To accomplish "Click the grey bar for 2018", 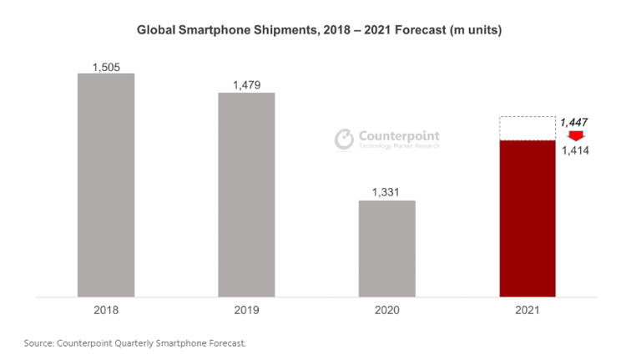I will click(x=106, y=185).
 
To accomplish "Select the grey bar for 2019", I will click(x=246, y=194).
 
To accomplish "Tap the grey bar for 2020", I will click(x=387, y=248).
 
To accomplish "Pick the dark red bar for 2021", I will click(x=528, y=218).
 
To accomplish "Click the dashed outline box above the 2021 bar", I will click(x=528, y=129).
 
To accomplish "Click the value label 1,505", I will click(x=106, y=66).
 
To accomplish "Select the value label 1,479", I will click(x=246, y=84).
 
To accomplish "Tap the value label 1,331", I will click(x=387, y=192).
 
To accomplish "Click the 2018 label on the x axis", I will click(x=106, y=310).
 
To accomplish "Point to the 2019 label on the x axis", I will click(x=246, y=310).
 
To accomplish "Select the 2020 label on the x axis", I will click(x=387, y=310).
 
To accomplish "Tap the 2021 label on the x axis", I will click(x=528, y=310).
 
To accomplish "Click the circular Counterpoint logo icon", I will click(x=344, y=139).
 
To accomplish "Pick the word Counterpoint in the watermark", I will click(x=399, y=135).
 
